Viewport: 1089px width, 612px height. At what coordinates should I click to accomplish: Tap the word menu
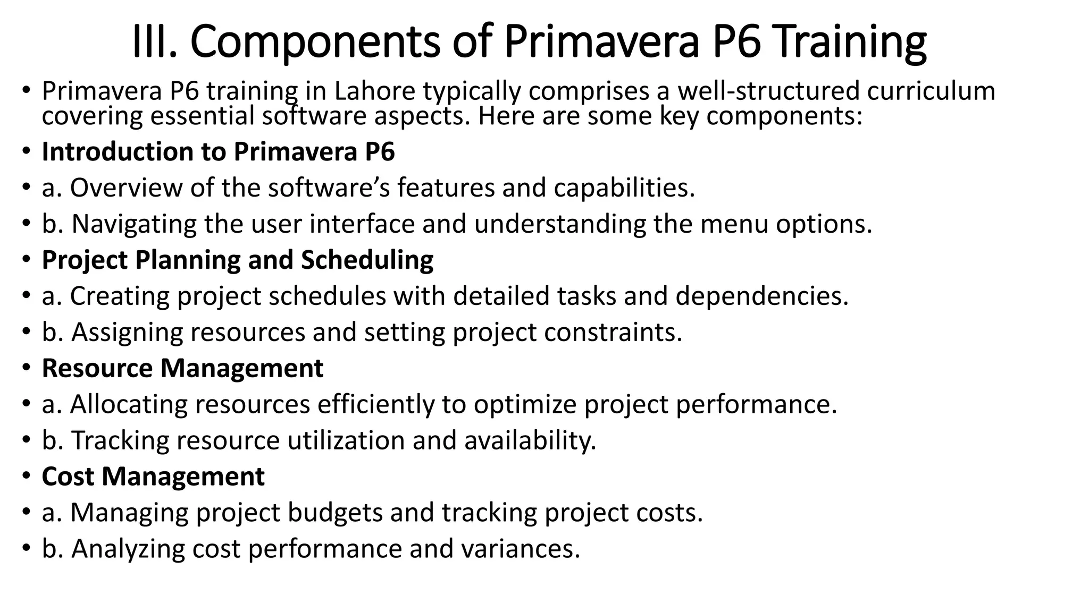(x=734, y=224)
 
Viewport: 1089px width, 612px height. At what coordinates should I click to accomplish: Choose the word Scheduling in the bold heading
(x=367, y=260)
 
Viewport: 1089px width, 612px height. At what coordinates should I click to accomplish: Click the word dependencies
(x=761, y=296)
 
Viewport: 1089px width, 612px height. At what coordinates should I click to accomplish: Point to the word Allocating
(x=128, y=404)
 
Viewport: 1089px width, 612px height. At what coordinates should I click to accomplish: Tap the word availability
(x=530, y=440)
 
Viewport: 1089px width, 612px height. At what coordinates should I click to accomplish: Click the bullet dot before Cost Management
(x=27, y=477)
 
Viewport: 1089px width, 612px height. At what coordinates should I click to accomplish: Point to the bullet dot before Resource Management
(x=27, y=368)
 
